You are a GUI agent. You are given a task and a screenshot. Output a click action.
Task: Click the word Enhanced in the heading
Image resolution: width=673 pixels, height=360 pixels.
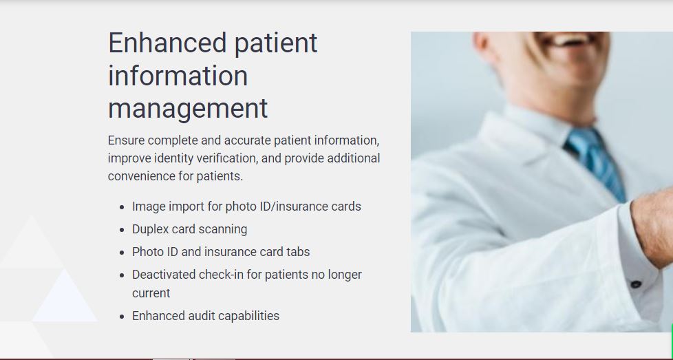click(x=167, y=43)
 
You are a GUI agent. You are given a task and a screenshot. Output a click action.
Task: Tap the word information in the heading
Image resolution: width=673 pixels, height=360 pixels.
click(x=178, y=76)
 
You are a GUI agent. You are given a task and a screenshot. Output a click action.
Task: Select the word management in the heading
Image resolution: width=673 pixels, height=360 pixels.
click(x=188, y=109)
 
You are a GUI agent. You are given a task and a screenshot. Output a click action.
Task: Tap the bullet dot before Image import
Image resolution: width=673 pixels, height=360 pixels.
click(x=122, y=207)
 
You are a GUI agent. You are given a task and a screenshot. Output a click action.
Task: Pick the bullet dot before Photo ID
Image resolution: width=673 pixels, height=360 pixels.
click(x=122, y=253)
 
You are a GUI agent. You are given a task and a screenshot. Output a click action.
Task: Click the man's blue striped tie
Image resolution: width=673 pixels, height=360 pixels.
click(x=597, y=163)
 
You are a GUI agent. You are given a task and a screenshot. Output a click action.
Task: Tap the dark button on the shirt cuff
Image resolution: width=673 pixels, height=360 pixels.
click(x=636, y=284)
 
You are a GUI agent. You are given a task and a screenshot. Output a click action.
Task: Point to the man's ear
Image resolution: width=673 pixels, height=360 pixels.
click(x=482, y=43)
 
